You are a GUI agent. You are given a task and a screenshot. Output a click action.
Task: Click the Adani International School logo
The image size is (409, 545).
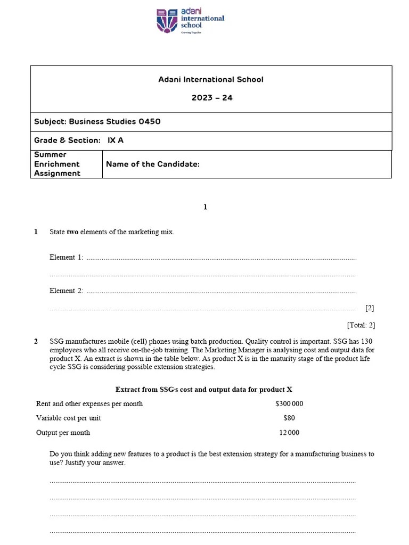190,20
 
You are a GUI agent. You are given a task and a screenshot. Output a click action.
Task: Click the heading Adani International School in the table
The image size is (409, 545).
211,79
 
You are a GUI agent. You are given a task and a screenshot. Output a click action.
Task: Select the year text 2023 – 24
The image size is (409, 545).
211,98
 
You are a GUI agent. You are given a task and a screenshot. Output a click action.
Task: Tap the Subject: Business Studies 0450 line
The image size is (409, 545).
97,121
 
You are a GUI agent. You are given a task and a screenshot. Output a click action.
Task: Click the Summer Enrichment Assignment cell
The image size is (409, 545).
58,164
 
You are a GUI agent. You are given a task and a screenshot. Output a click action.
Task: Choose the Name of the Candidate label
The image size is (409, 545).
153,164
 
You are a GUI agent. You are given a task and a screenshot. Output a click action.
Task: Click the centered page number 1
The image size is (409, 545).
205,207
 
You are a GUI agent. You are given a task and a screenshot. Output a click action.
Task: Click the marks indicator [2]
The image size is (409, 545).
370,308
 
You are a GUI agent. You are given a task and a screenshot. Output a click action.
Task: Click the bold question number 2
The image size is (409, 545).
36,342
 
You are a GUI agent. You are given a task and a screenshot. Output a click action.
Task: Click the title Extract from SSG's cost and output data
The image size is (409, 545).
204,390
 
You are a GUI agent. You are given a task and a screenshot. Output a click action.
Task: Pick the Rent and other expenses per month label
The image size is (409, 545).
89,404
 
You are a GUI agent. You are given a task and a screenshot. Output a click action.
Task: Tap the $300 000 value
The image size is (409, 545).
289,404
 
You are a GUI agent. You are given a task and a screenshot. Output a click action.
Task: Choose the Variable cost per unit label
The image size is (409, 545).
69,418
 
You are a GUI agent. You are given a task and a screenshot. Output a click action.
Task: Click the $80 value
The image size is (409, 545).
289,418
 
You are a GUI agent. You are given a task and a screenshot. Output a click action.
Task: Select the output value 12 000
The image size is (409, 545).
289,433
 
